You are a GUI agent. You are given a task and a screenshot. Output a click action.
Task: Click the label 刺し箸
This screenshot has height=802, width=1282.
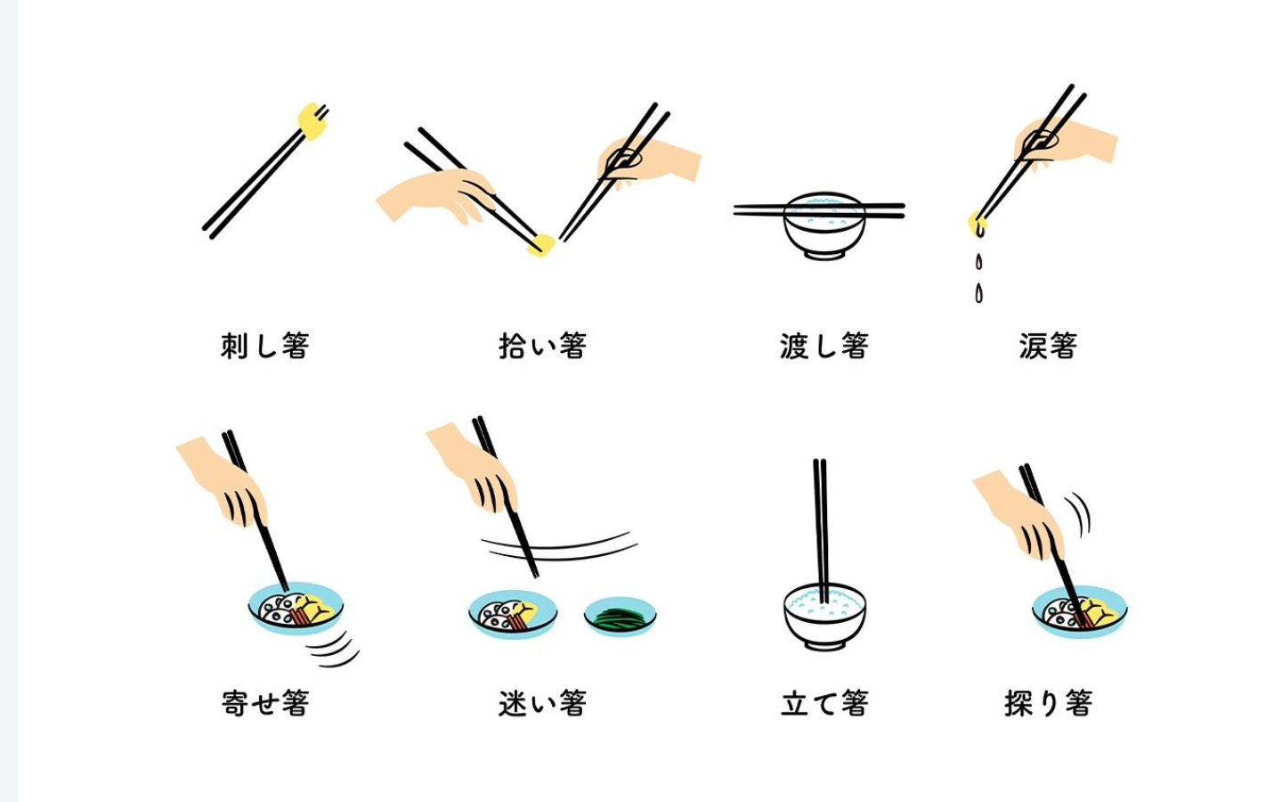(x=265, y=346)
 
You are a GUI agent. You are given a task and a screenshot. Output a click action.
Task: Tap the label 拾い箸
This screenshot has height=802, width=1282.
(x=542, y=346)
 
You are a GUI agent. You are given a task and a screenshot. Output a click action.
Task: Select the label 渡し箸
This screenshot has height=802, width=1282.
(x=824, y=346)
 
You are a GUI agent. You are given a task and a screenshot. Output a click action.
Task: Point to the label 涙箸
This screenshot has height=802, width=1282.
(x=1049, y=346)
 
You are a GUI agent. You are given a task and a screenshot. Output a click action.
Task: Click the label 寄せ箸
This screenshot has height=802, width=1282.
(x=265, y=703)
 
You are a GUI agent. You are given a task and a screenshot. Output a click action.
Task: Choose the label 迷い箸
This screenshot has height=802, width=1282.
(x=542, y=703)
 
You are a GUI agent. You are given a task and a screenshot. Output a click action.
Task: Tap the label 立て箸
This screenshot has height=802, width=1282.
(x=824, y=703)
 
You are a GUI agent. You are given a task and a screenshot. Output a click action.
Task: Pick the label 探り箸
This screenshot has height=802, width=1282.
(x=1049, y=703)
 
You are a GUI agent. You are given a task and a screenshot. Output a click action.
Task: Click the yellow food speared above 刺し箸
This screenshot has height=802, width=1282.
(x=312, y=121)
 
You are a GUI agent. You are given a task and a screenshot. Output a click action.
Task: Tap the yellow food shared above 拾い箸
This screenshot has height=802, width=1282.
(x=541, y=246)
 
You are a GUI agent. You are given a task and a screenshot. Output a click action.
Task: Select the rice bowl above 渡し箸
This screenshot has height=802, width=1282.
(x=824, y=226)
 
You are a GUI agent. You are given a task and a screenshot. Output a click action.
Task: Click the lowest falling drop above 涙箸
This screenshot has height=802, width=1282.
(x=978, y=293)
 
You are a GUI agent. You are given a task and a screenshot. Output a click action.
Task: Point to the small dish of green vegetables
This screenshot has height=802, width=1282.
(x=621, y=617)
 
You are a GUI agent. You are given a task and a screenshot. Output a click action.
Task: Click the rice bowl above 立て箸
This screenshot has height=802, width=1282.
(x=824, y=617)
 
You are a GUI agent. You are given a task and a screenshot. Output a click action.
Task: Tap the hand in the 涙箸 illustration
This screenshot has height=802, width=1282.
(x=1066, y=141)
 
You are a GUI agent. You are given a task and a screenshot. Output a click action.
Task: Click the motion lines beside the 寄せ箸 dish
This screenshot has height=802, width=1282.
(x=333, y=649)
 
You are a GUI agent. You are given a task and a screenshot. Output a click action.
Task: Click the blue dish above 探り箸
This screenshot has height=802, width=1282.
(x=1079, y=611)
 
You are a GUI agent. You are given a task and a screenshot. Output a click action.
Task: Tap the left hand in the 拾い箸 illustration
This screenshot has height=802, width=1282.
(x=438, y=196)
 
